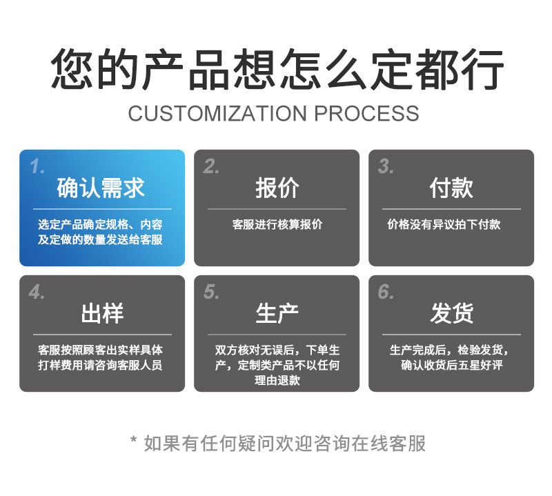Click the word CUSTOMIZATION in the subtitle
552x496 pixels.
[x=217, y=113]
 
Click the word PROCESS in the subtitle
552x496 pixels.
[x=366, y=113]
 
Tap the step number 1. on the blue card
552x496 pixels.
[x=37, y=166]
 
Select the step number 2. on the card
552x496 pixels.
[x=211, y=166]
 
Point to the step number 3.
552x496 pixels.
[x=386, y=166]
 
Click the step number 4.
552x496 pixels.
[x=37, y=292]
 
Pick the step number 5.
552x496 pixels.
[x=211, y=292]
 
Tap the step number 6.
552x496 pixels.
[x=386, y=292]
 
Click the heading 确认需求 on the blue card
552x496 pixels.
[x=101, y=188]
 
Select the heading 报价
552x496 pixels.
[x=277, y=188]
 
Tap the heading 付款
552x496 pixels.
[x=451, y=188]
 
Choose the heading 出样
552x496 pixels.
[x=102, y=313]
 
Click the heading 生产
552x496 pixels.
[x=277, y=313]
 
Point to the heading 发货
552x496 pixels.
[x=452, y=313]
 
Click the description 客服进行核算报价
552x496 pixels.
[x=277, y=224]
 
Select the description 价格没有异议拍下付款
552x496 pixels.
[x=444, y=224]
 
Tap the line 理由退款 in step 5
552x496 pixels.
[x=277, y=380]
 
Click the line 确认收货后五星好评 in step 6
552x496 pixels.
[x=452, y=365]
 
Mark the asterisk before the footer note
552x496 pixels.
[x=133, y=439]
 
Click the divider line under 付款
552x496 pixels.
[x=451, y=209]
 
